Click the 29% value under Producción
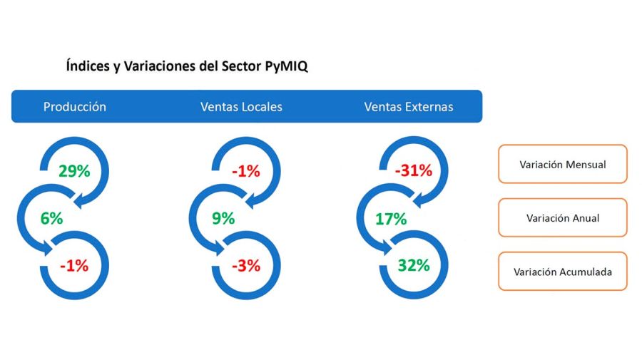(x=74, y=171)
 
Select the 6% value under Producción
(x=51, y=219)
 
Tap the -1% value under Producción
(x=74, y=266)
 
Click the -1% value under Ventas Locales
(x=245, y=171)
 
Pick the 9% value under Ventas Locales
(x=223, y=219)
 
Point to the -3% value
(x=245, y=266)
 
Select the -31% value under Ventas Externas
(x=414, y=171)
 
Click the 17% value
(x=391, y=219)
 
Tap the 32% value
(x=414, y=266)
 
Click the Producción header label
(x=75, y=107)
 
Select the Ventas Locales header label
(x=241, y=107)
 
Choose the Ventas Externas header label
(x=408, y=107)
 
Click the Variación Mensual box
(x=562, y=165)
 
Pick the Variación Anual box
(x=562, y=218)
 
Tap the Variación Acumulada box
(x=562, y=272)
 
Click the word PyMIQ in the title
(x=285, y=66)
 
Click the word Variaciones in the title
(x=158, y=66)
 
